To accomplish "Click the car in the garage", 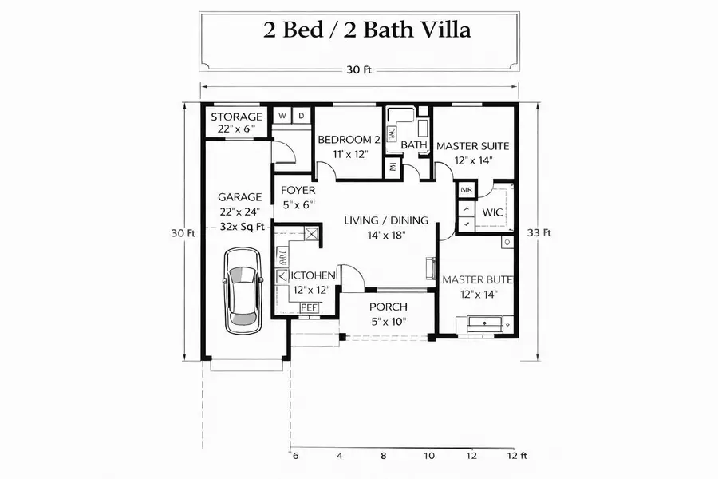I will point(242,290).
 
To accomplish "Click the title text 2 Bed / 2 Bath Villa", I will point(367,30).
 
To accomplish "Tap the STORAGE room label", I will point(236,117).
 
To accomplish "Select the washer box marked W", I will point(282,116).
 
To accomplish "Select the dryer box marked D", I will point(302,116).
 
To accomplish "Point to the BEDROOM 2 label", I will point(348,140).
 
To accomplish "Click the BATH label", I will point(413,145).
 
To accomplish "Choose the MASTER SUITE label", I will point(473,146).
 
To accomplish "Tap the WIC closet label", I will point(493,213).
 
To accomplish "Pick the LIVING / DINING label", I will point(386,220).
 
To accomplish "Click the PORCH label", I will point(389,307).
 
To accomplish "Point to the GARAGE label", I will point(240,197).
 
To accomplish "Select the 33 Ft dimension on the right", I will point(539,233).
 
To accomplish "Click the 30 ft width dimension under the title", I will point(358,69).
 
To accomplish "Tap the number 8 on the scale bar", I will point(384,456).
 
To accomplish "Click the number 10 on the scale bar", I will point(428,456).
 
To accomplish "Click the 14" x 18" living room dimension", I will point(386,236).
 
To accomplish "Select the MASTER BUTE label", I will point(477,280).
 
